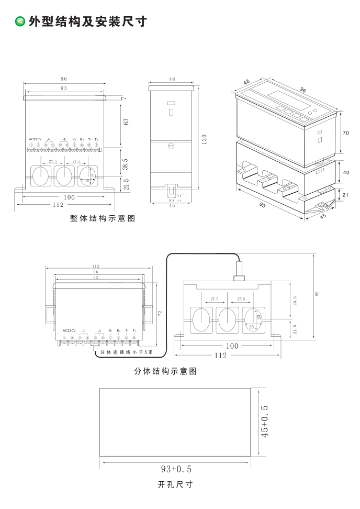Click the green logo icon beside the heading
(20, 21)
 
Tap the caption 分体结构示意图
(165, 371)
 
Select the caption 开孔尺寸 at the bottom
(175, 484)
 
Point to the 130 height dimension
(205, 139)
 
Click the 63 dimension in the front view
(126, 121)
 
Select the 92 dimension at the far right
(317, 294)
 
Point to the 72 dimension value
(160, 313)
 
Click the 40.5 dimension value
(295, 301)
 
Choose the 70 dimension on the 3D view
(345, 133)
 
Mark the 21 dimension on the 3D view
(345, 195)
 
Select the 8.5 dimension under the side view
(171, 201)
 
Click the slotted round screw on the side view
(171, 147)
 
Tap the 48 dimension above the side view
(172, 79)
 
